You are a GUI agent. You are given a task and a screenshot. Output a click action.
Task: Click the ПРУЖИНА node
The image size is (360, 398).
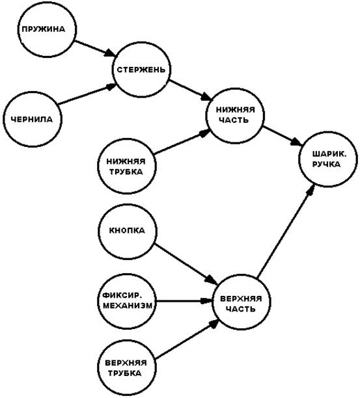[48, 29]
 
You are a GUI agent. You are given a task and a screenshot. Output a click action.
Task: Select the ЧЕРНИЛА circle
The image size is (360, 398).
[33, 119]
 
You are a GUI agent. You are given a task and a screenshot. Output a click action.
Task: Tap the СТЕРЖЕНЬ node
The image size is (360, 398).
[141, 70]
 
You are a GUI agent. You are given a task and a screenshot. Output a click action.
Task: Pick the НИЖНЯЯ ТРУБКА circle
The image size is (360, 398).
[127, 166]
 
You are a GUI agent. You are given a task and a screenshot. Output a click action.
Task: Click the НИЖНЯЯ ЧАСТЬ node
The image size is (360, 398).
[235, 116]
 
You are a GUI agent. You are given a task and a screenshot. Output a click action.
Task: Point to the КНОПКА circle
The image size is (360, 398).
[128, 231]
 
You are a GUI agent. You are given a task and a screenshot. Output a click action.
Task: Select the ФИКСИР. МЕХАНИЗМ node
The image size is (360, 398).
[127, 301]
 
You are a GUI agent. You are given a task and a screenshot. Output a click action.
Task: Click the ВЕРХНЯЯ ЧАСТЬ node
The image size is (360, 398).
[241, 302]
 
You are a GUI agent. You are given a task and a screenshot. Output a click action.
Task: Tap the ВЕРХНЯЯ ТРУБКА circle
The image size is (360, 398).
[126, 368]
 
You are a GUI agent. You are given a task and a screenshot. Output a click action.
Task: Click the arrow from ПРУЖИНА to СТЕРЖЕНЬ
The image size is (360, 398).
[96, 49]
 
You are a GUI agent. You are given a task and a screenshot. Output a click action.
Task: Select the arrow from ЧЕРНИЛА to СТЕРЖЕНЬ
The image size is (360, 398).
[87, 94]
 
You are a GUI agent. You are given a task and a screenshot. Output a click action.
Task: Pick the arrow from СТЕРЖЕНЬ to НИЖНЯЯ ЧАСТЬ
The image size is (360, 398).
[191, 90]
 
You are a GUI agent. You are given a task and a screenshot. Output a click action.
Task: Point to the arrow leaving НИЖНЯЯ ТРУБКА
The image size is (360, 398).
[183, 142]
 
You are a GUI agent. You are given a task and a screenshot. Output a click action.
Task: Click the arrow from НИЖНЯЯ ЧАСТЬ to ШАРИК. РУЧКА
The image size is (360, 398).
[283, 135]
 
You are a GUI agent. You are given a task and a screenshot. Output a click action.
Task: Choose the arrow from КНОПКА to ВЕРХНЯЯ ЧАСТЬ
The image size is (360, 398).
[186, 265]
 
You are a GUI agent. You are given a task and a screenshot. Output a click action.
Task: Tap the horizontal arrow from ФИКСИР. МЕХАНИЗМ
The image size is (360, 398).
[184, 301]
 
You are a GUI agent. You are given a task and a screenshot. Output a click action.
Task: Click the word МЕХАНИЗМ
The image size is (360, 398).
[128, 306]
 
